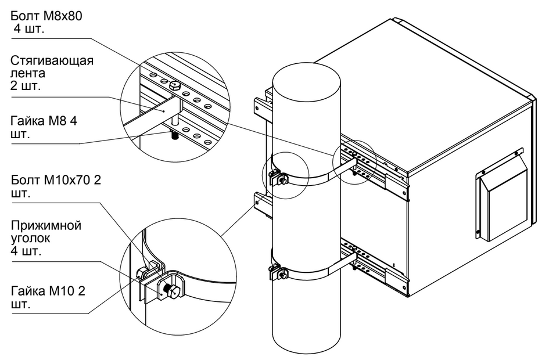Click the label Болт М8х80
44,16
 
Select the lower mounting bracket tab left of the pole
260,200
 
